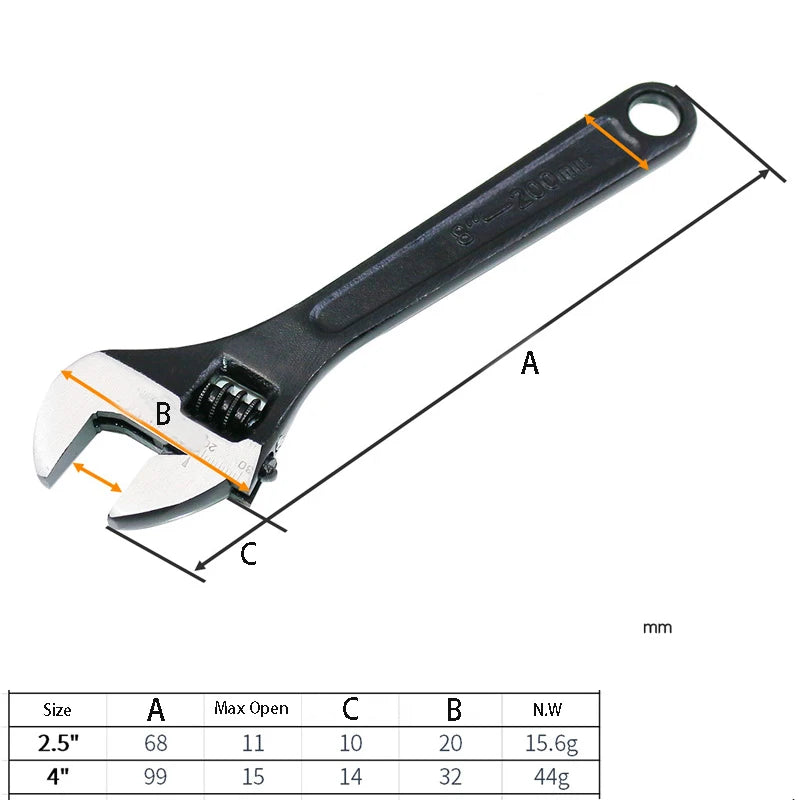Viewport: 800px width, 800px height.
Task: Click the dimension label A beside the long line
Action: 530,363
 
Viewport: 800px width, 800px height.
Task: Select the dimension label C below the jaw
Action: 249,553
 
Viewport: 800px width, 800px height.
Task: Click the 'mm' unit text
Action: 657,628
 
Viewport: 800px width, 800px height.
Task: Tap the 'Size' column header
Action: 57,710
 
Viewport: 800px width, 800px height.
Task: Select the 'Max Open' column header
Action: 251,709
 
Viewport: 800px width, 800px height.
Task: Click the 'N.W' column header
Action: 548,710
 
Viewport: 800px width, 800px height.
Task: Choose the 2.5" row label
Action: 57,743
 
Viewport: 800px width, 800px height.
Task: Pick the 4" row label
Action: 57,776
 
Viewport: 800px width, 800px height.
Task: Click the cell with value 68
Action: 155,743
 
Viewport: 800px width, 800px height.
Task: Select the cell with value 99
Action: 155,776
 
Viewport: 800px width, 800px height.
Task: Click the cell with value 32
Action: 453,776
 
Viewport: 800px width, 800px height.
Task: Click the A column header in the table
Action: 155,710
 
